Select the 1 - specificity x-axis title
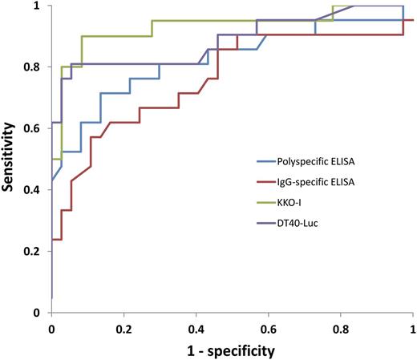point(232,350)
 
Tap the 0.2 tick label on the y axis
point(34,252)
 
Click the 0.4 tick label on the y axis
point(34,190)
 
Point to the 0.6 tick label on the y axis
point(34,129)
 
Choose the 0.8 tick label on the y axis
point(34,67)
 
